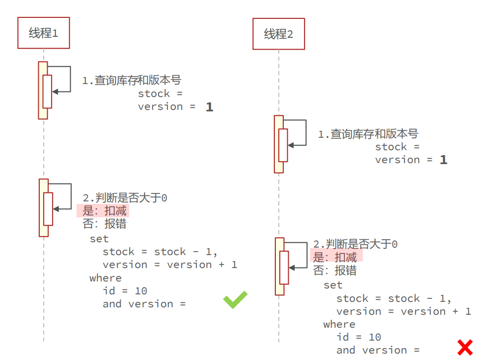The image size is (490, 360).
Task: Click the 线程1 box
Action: point(43,33)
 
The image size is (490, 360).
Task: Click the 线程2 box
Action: point(278,34)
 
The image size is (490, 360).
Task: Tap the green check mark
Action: point(235,299)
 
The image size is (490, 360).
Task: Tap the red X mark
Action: point(465,347)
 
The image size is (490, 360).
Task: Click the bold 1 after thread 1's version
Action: point(209,107)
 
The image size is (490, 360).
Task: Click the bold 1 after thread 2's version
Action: point(443,160)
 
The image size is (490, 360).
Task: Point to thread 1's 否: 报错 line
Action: point(104,224)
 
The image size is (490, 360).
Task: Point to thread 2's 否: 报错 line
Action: point(334,270)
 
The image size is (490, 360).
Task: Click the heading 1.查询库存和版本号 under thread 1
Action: point(131,81)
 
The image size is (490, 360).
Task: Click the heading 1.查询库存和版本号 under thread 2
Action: point(368,134)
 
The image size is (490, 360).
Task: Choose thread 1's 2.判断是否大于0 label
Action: point(125,198)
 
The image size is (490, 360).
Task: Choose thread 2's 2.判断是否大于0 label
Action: point(355,244)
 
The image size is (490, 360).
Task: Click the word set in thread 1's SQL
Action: point(99,239)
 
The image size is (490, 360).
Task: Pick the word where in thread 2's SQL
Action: point(339,324)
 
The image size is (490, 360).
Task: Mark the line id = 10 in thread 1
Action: point(125,291)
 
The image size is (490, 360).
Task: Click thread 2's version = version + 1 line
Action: point(404,311)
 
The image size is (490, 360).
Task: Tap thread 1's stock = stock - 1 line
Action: point(160,252)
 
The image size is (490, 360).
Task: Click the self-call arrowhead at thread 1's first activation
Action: point(54,91)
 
